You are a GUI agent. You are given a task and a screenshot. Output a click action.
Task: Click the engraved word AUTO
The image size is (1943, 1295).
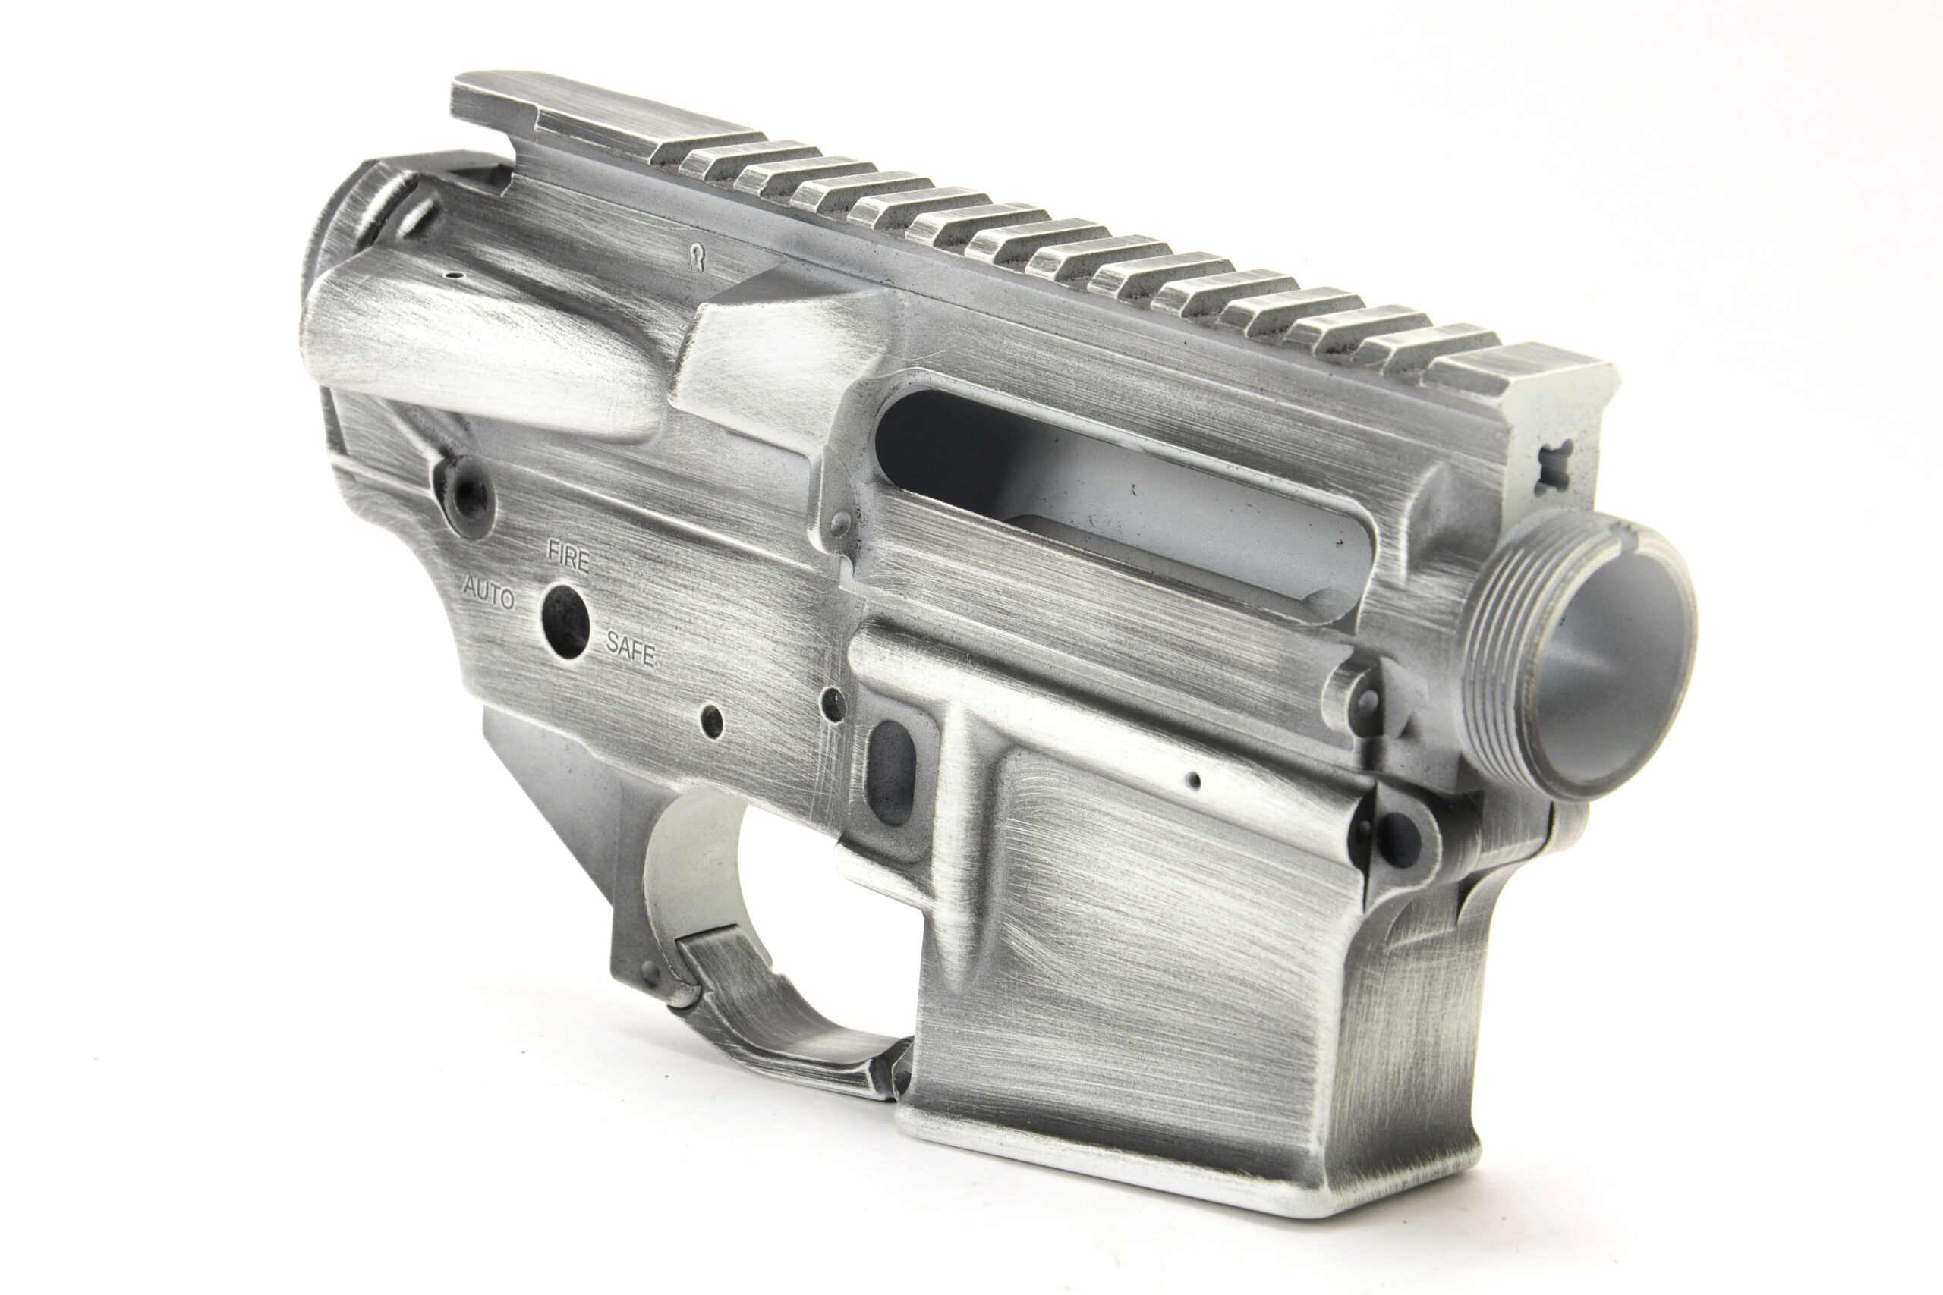pos(487,593)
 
